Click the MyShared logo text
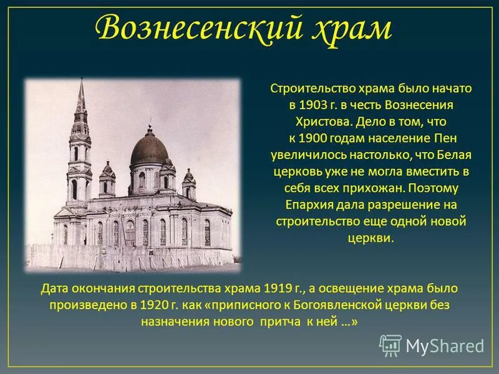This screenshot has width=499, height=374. (x=444, y=345)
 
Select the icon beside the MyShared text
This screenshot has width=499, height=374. (x=390, y=345)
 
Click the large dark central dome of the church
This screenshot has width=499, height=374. (x=148, y=150)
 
